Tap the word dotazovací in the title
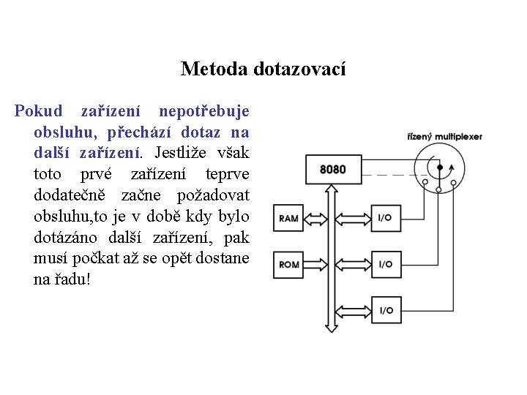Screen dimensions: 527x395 pyautogui.click(x=299, y=69)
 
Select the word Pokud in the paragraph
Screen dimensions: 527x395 pyautogui.click(x=39, y=112)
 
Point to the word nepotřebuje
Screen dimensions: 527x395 pyautogui.click(x=204, y=112)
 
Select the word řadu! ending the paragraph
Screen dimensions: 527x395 pyautogui.click(x=72, y=280)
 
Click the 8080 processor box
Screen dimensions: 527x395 pyautogui.click(x=333, y=170)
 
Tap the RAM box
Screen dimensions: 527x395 pyautogui.click(x=290, y=218)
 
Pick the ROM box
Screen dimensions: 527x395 pyautogui.click(x=290, y=264)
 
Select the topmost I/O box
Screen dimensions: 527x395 pyautogui.click(x=385, y=218)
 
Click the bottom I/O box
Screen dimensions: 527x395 pyautogui.click(x=385, y=310)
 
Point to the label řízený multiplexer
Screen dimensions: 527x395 pyautogui.click(x=445, y=137)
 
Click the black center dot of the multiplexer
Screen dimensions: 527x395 pyautogui.click(x=439, y=168)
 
